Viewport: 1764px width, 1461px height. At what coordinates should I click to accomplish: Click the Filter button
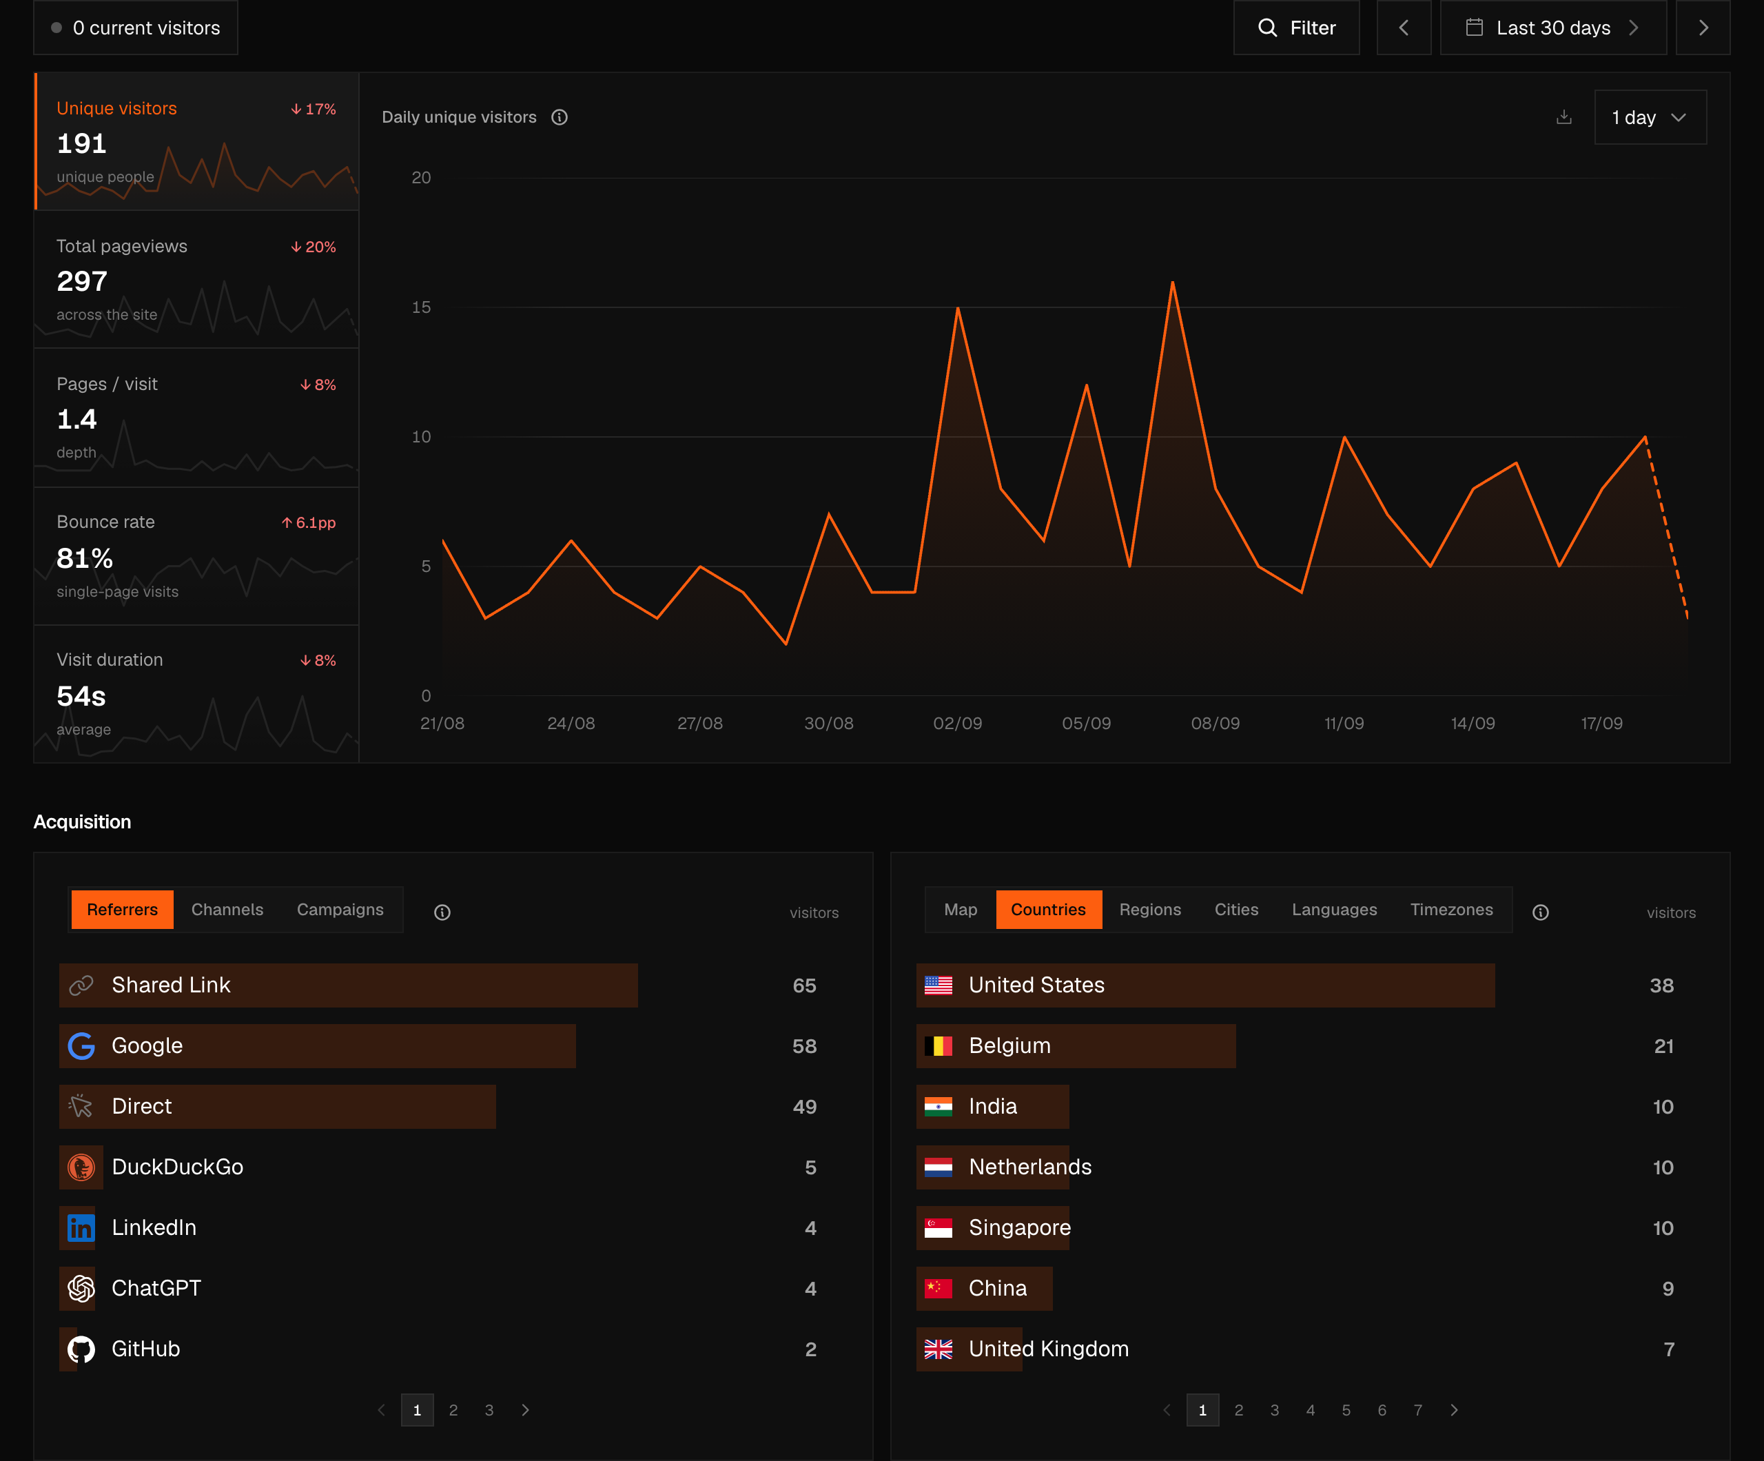(1296, 28)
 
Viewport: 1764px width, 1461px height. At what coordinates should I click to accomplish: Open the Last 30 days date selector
(1553, 28)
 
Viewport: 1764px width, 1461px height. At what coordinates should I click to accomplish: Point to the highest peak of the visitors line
(1173, 283)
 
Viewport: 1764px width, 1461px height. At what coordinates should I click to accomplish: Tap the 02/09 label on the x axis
(958, 724)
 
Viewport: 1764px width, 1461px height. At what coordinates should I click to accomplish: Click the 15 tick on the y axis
(421, 307)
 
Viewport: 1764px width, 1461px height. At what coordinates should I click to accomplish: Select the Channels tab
(227, 910)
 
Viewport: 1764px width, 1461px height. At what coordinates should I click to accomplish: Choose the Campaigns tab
(340, 910)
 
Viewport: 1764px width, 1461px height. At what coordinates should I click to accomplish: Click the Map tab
(960, 910)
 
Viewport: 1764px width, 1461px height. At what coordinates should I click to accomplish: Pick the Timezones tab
(1452, 910)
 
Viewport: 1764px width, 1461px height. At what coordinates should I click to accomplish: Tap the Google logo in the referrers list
(81, 1046)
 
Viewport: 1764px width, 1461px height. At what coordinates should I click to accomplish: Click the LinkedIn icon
(81, 1228)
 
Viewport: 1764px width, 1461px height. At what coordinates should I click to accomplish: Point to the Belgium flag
(939, 1046)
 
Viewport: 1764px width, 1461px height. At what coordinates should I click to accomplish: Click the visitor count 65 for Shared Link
(804, 985)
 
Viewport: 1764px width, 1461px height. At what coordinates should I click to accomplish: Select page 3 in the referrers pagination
(489, 1411)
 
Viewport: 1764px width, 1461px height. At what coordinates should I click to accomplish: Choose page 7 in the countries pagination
(1418, 1411)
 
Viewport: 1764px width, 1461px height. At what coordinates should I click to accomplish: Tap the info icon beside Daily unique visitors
(560, 118)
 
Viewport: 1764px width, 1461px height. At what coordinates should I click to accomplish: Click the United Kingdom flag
(939, 1349)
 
